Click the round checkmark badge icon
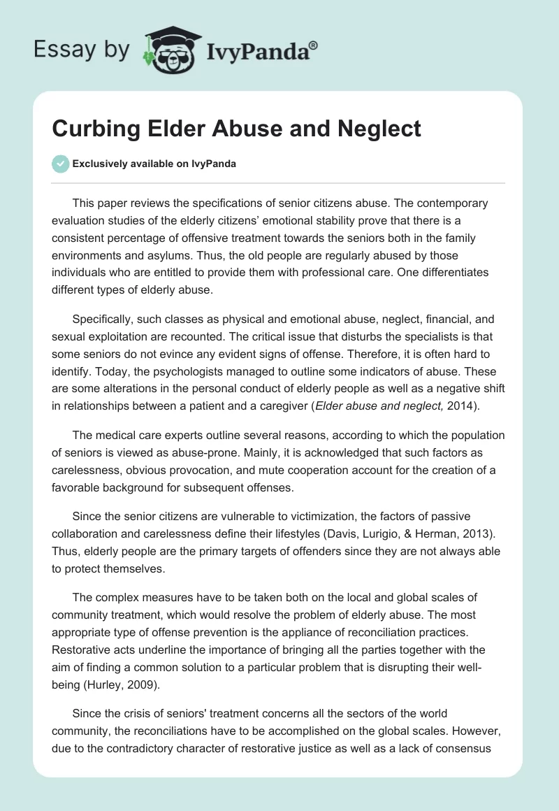[60, 164]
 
